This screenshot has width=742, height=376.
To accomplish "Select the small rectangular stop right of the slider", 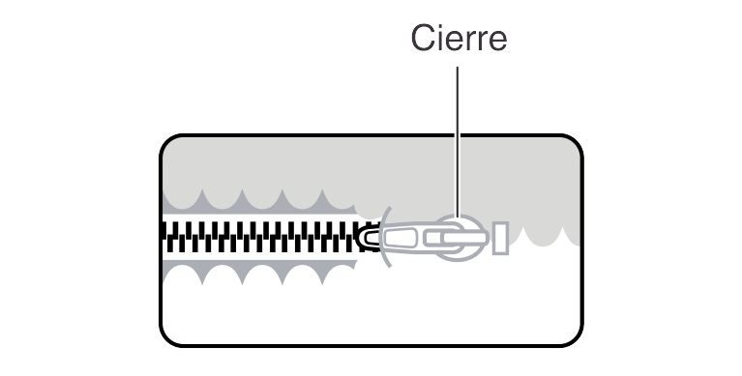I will coord(500,237).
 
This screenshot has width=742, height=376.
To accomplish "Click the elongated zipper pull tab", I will coord(416,237).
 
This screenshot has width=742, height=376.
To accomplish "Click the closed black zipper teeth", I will coord(261,237).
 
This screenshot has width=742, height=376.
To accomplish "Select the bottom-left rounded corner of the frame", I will coord(166,339).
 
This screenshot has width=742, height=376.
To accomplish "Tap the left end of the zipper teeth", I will coord(164,237).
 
